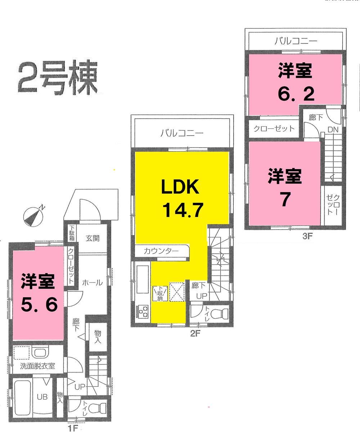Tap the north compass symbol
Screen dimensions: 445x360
33,216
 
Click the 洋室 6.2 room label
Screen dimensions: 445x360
295,83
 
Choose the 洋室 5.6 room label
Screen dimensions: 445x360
38,293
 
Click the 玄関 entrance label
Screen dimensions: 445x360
93,238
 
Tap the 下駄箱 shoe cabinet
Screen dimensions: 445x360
72,233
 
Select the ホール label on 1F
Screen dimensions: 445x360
92,283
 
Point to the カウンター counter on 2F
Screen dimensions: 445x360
161,251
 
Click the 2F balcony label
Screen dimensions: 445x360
182,133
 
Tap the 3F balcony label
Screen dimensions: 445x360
296,41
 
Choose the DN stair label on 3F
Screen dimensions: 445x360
332,130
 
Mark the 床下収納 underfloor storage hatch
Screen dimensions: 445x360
159,293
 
